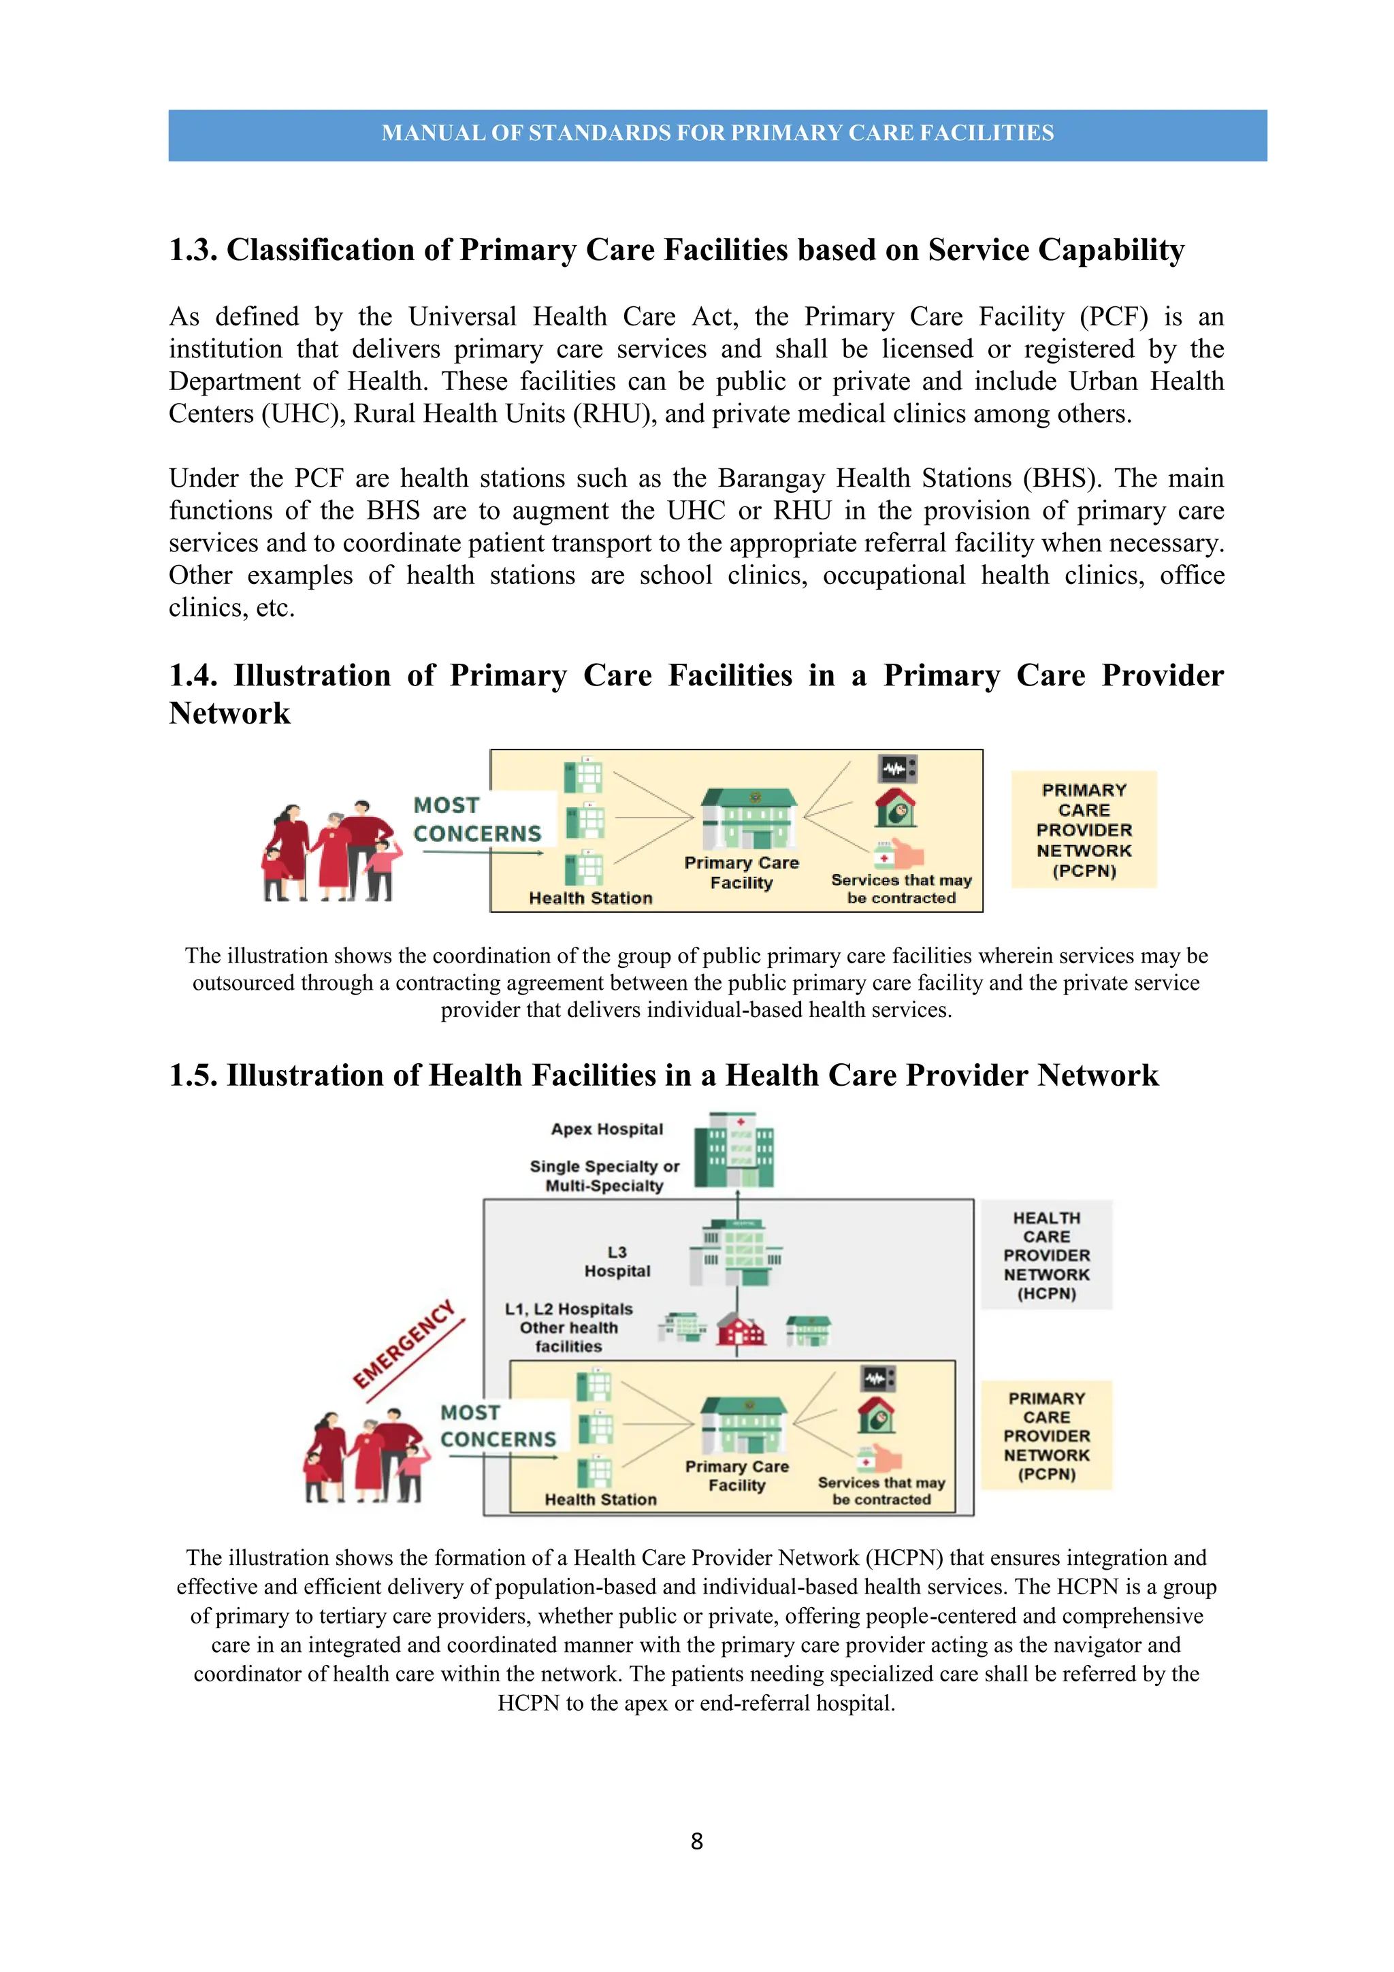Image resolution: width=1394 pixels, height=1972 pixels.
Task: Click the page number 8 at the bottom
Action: click(696, 1841)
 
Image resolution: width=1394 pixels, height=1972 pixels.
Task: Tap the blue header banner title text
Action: click(717, 133)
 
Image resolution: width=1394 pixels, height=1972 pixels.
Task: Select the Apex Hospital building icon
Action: click(734, 1149)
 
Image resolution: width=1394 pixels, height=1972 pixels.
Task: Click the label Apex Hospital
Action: click(606, 1129)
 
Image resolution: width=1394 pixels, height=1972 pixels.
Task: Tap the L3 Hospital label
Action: click(617, 1262)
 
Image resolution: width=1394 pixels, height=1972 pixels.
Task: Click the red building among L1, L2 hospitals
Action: click(741, 1329)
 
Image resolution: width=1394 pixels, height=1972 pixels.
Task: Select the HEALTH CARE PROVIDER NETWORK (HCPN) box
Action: click(1046, 1255)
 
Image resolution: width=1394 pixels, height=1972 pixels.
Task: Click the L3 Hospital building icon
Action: click(736, 1252)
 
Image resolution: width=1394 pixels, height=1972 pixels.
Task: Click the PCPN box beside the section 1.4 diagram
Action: click(1084, 830)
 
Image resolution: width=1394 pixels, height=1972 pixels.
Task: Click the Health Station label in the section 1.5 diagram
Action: click(600, 1500)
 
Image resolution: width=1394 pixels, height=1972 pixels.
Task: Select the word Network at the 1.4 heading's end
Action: click(229, 714)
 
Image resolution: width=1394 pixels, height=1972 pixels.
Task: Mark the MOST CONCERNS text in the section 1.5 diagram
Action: click(498, 1426)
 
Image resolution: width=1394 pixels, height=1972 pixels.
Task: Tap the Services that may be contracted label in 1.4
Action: click(901, 889)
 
